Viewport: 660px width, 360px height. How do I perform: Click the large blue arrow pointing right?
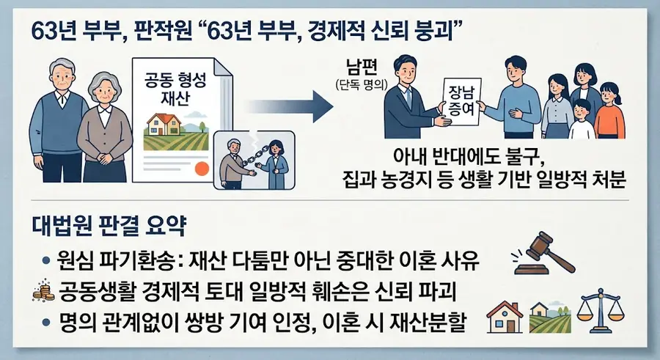click(x=290, y=107)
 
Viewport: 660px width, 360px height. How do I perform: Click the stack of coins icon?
click(x=43, y=291)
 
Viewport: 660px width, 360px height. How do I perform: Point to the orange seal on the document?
click(x=202, y=169)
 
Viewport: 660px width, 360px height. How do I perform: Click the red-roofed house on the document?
click(x=164, y=124)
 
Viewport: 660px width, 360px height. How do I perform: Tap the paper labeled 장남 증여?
click(x=462, y=101)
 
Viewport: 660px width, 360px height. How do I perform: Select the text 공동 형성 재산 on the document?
click(x=175, y=89)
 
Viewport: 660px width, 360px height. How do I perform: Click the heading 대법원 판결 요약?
click(x=109, y=227)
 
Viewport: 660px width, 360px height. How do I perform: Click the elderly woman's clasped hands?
click(x=104, y=158)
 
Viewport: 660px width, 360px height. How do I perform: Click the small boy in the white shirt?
click(x=582, y=120)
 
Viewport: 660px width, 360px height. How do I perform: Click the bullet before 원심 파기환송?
click(x=46, y=260)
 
